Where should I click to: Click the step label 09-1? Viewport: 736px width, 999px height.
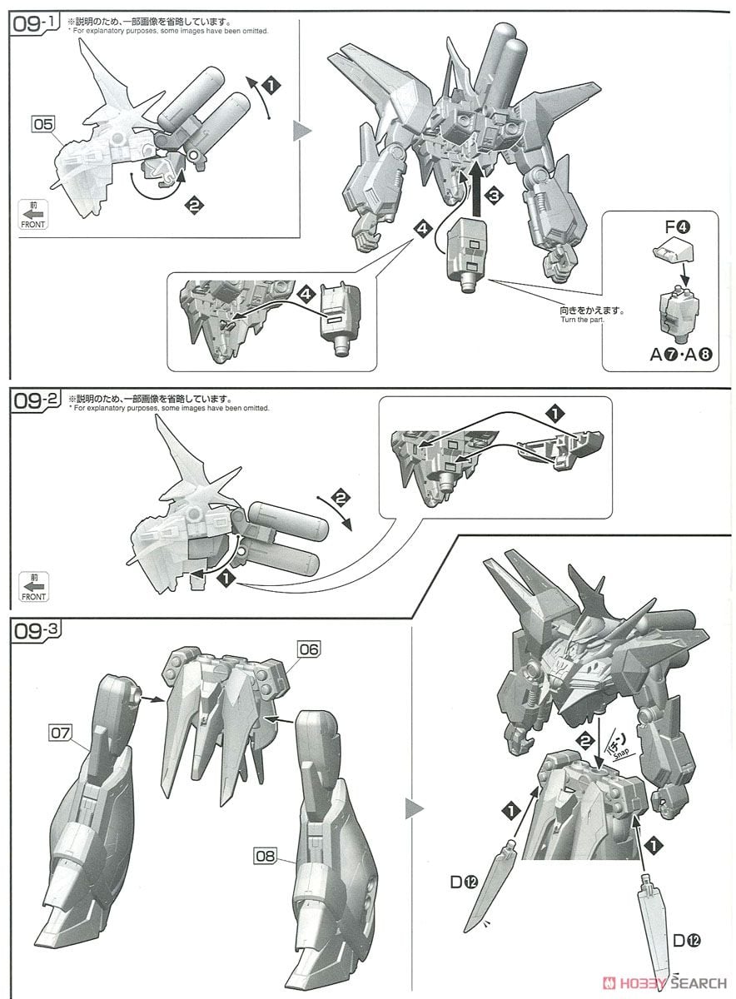pyautogui.click(x=33, y=23)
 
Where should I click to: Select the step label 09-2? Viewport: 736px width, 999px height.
pyautogui.click(x=33, y=401)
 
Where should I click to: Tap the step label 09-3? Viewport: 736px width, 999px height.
pyautogui.click(x=33, y=629)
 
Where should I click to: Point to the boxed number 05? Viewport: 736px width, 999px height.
pyautogui.click(x=43, y=124)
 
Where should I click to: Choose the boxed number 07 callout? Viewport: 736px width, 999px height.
pyautogui.click(x=60, y=733)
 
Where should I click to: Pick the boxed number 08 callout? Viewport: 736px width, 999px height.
pyautogui.click(x=266, y=855)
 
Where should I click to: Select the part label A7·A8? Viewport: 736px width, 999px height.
pyautogui.click(x=679, y=354)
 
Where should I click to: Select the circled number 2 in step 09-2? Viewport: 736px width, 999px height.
pyautogui.click(x=339, y=499)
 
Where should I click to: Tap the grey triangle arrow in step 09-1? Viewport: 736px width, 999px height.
pyautogui.click(x=305, y=131)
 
